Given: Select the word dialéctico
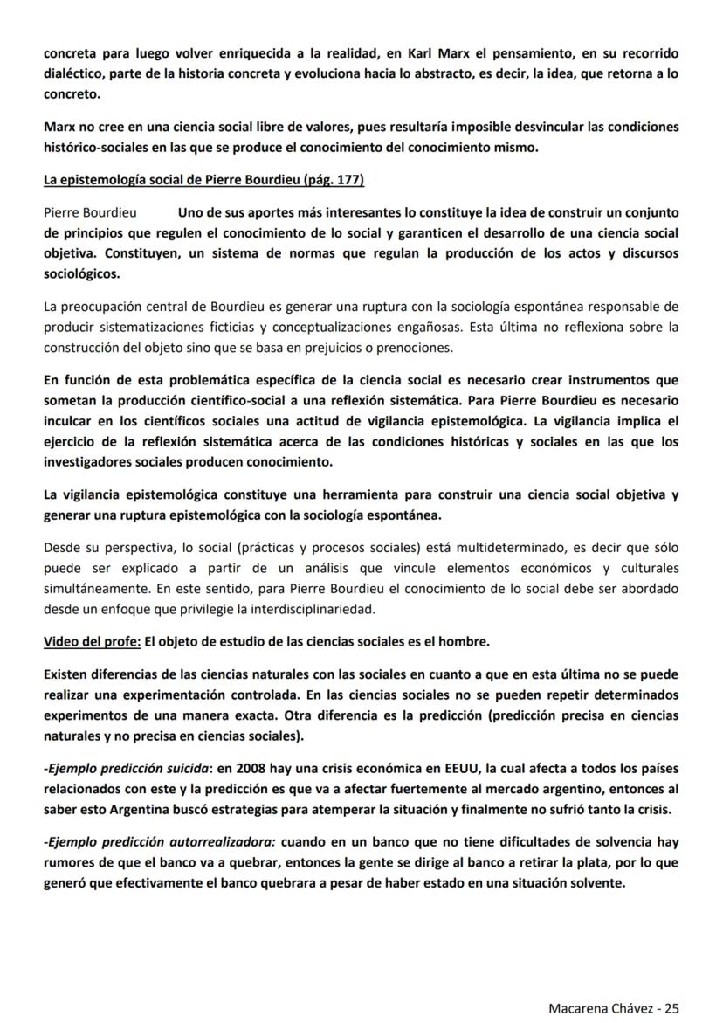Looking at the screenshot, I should click(x=74, y=73).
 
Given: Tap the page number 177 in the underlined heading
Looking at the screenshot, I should click(x=348, y=180).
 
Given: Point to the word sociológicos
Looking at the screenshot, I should click(x=82, y=273).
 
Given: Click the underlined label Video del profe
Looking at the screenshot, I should click(x=92, y=642).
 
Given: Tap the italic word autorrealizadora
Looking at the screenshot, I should click(x=219, y=844).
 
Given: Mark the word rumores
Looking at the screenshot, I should click(x=70, y=864).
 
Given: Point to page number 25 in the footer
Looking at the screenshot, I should click(x=672, y=1007).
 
